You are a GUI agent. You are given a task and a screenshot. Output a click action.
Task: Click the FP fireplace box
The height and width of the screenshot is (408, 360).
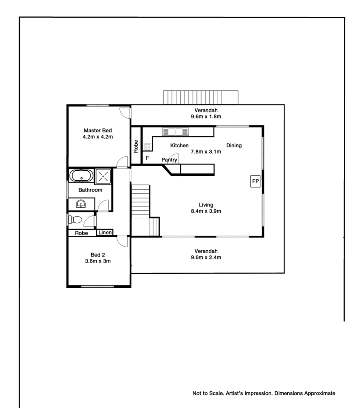(x=255, y=181)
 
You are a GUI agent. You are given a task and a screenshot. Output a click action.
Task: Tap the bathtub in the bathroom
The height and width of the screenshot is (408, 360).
(x=81, y=176)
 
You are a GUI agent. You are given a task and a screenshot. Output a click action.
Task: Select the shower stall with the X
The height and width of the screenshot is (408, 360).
(x=103, y=176)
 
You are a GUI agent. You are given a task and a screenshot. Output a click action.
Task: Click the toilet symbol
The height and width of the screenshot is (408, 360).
(x=75, y=220)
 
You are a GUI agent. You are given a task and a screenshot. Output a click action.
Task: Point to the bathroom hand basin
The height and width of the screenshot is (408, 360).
(x=81, y=204)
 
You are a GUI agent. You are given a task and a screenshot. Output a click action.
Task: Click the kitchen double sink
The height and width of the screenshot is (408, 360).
(x=176, y=131)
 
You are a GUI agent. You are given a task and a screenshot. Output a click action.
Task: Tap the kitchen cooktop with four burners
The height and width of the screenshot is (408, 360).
(x=148, y=147)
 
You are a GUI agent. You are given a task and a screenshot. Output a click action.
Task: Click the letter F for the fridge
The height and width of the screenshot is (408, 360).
(x=148, y=158)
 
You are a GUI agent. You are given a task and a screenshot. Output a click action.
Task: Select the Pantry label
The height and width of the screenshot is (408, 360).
(x=169, y=160)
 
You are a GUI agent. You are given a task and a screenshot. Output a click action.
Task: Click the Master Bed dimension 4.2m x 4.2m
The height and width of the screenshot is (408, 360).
(x=98, y=137)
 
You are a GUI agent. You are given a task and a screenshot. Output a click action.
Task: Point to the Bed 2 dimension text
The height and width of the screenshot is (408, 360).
(x=98, y=261)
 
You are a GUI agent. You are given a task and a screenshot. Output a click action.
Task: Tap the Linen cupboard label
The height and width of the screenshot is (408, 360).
(x=105, y=232)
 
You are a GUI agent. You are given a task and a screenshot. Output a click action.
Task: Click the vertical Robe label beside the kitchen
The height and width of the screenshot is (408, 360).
(x=136, y=146)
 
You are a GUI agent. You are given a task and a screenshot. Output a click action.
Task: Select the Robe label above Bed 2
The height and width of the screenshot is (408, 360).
(x=81, y=233)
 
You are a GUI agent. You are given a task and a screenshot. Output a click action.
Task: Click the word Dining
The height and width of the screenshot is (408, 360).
(x=234, y=145)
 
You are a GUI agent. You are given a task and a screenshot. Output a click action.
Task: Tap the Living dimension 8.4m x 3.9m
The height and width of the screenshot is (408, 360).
(x=206, y=211)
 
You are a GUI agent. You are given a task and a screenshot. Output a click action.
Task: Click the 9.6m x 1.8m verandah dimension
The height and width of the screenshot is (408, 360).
(x=206, y=117)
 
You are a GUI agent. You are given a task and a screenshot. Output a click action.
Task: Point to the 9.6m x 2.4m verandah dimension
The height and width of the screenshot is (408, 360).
(x=206, y=258)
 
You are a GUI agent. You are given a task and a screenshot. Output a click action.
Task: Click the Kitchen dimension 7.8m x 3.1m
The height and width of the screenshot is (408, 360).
(x=206, y=152)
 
